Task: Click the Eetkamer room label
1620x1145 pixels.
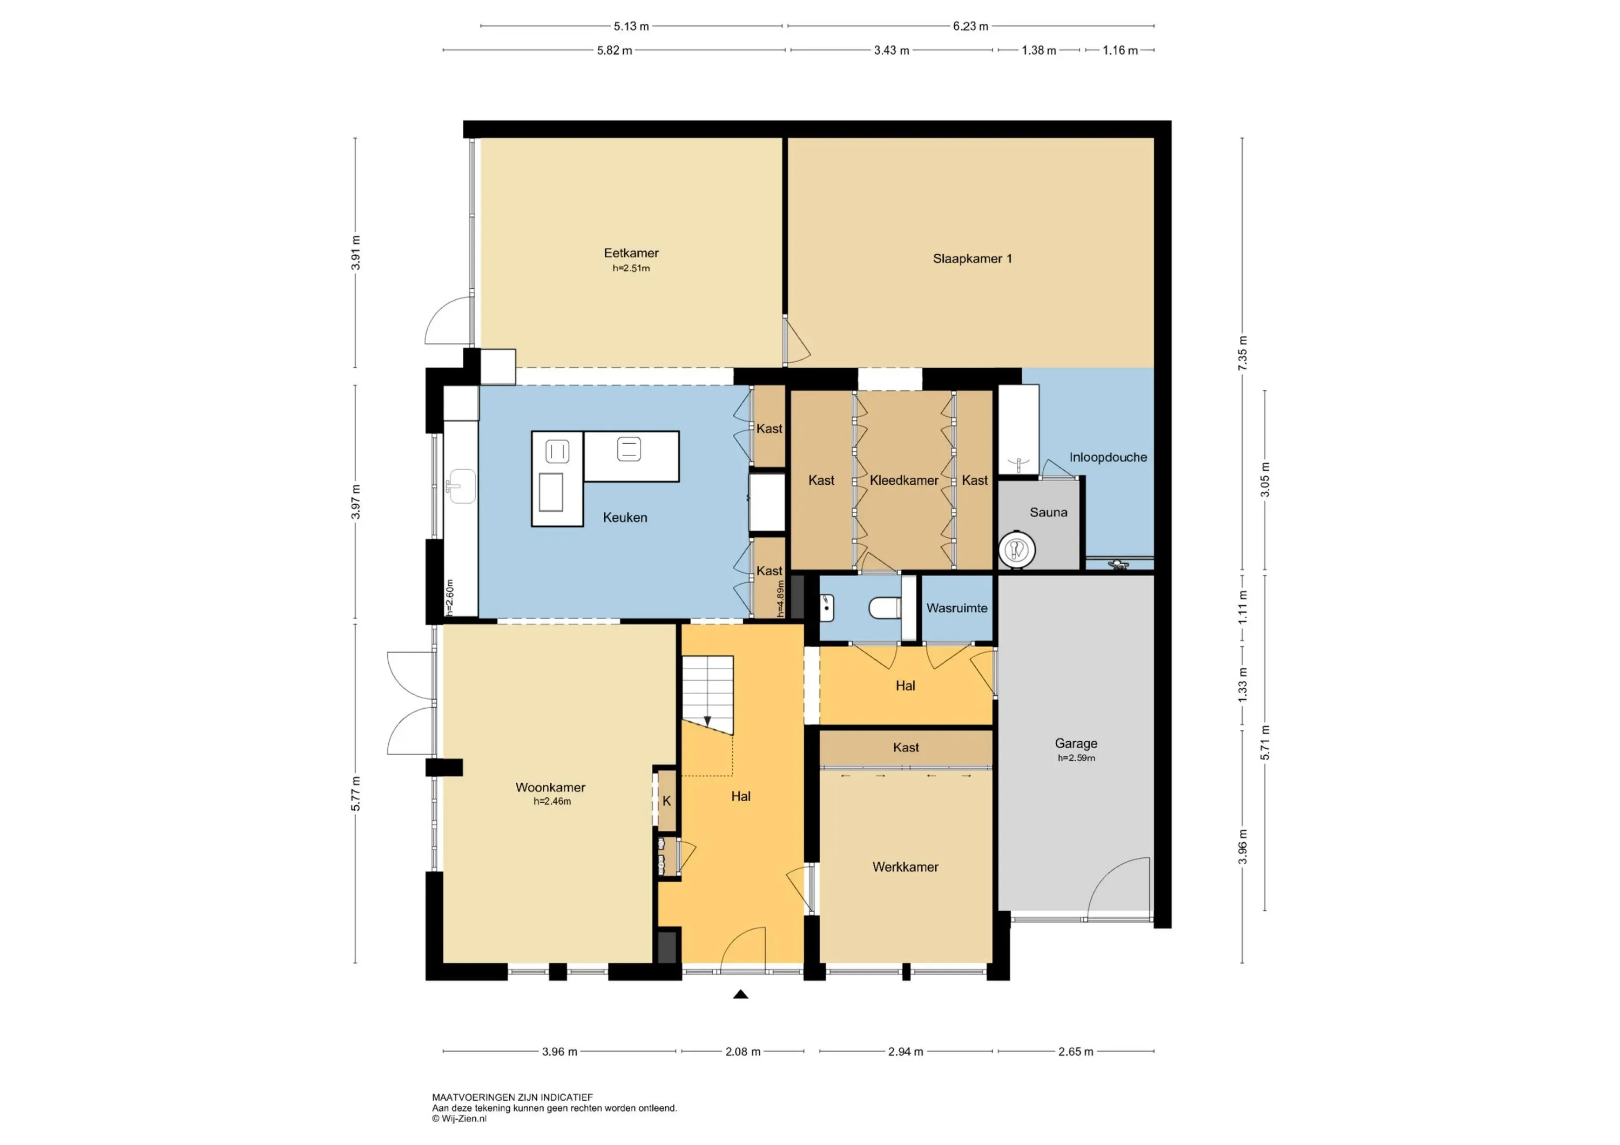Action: coord(631,253)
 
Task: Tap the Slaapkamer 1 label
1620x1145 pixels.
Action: coord(973,258)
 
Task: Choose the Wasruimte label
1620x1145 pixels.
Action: coord(957,607)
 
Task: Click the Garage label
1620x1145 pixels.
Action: coord(1076,743)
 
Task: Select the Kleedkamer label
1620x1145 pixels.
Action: coord(904,480)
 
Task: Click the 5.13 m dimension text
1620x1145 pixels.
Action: coord(631,26)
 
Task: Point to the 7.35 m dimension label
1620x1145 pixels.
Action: coord(1243,353)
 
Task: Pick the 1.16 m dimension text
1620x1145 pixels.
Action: coord(1120,50)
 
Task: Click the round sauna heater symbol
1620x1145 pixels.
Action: coord(1017,549)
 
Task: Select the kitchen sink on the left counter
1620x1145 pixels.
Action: coord(461,486)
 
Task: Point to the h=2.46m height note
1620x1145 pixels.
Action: coord(552,801)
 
